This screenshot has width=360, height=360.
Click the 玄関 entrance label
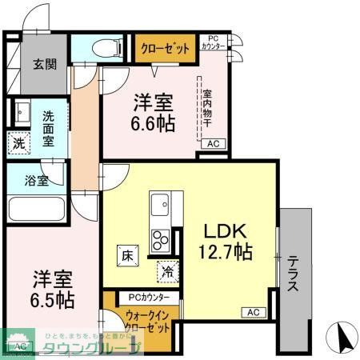33,65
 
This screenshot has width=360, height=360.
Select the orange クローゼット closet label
166,49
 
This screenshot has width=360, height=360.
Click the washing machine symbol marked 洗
19,144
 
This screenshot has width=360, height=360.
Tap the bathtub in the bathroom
36,210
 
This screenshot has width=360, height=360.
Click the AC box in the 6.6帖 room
213,144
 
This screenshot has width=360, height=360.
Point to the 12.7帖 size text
226,253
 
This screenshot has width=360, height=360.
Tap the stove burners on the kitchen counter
161,238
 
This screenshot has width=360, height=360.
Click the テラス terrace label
294,273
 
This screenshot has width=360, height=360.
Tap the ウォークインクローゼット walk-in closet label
146,322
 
